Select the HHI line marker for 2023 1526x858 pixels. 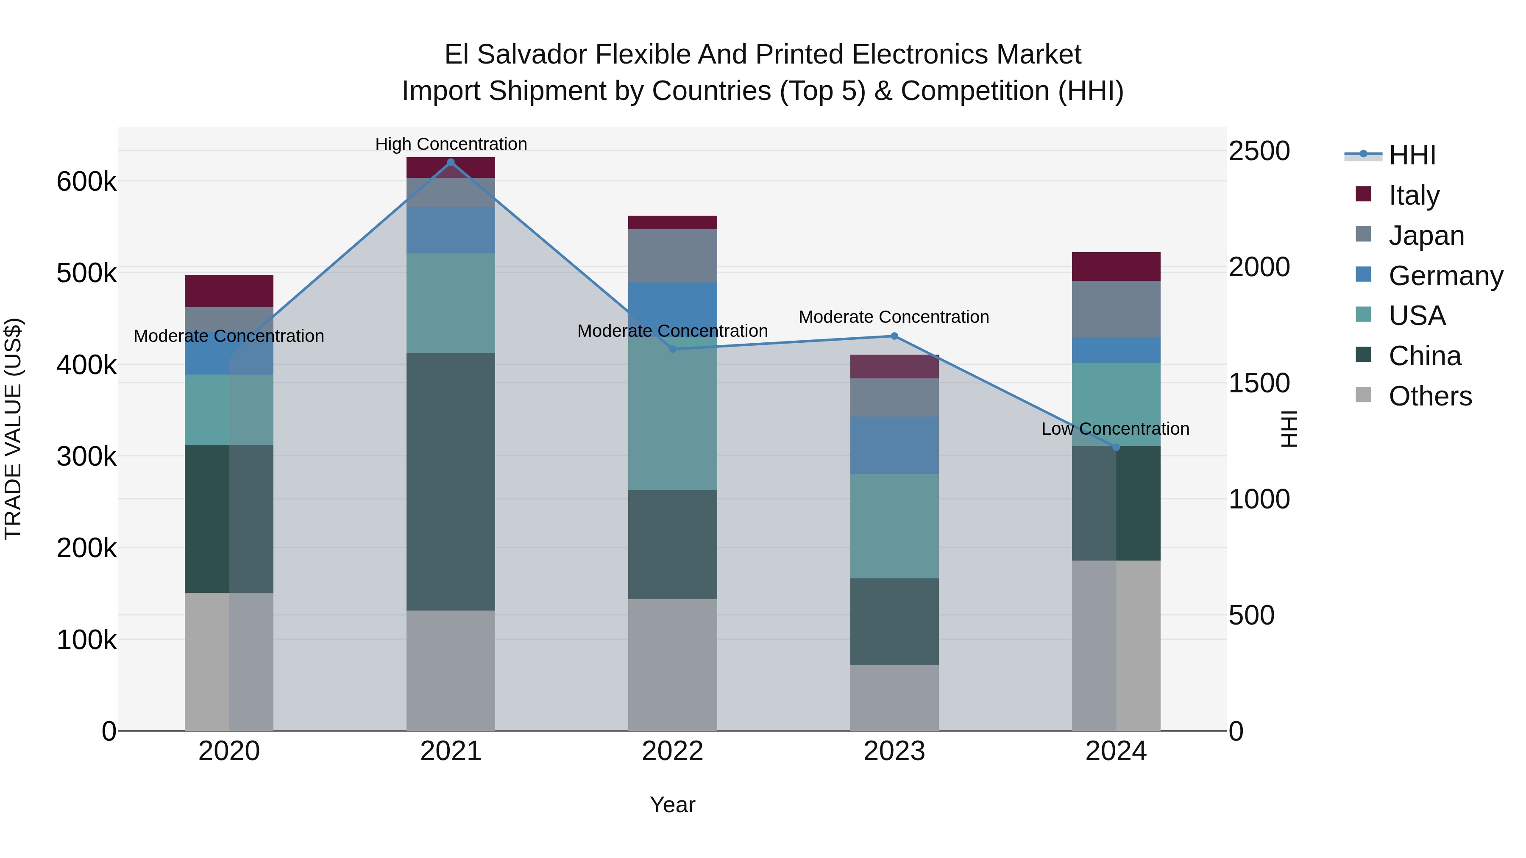(894, 336)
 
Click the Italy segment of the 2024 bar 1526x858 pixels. (1116, 267)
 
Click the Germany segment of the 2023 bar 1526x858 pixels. (894, 445)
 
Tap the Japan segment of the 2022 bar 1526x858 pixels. (672, 256)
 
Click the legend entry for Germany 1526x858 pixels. (1445, 276)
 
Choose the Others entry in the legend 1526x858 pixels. (1430, 396)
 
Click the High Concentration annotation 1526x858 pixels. (451, 144)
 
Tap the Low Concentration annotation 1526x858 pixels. (1115, 429)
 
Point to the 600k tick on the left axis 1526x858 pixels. (86, 181)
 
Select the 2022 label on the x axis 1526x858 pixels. (672, 751)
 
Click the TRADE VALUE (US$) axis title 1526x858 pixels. (13, 429)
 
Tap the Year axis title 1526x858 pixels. (672, 805)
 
